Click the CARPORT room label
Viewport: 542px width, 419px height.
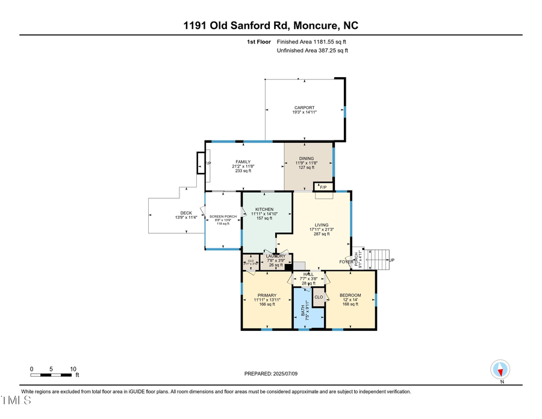click(305, 108)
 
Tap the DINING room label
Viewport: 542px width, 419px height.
click(306, 159)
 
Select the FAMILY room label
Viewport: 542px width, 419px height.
click(243, 162)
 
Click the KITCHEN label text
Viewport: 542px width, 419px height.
click(264, 209)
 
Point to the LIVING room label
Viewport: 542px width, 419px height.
click(321, 225)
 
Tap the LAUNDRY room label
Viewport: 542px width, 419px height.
click(276, 256)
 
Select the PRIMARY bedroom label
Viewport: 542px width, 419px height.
click(266, 295)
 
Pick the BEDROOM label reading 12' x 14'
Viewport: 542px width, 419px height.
click(350, 295)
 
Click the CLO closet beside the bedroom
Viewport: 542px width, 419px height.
click(319, 297)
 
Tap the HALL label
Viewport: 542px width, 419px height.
click(309, 274)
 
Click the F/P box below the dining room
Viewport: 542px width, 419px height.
click(323, 186)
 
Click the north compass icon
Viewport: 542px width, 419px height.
click(500, 369)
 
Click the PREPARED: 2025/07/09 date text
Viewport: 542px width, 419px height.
click(271, 374)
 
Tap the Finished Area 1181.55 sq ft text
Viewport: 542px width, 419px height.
click(311, 42)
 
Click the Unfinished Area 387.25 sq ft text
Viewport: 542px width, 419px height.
click(312, 51)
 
